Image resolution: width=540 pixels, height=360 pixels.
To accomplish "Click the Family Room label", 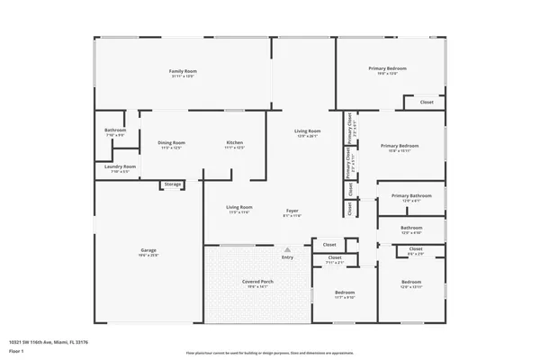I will click(x=184, y=71).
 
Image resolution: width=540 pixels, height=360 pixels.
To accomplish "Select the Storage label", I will click(x=172, y=184).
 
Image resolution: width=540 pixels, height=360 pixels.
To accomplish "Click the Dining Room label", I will click(x=172, y=142).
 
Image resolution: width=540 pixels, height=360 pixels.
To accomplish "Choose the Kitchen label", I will click(x=234, y=142).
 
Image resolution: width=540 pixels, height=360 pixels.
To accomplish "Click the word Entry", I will click(x=287, y=257).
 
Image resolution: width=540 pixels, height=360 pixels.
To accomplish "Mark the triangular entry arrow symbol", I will click(x=287, y=249).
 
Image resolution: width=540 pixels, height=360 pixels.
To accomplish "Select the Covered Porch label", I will click(x=257, y=282).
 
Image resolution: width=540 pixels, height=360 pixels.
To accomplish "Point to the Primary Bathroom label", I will click(x=412, y=195).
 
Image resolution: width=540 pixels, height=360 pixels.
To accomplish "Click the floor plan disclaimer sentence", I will click(x=269, y=352).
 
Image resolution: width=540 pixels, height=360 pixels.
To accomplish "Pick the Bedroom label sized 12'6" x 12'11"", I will click(x=410, y=283).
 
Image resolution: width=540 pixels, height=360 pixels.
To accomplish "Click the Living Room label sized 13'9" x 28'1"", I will click(x=308, y=131).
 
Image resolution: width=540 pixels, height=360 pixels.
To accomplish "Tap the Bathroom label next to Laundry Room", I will click(x=115, y=130).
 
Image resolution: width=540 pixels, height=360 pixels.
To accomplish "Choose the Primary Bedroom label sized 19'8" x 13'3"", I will click(x=388, y=68).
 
